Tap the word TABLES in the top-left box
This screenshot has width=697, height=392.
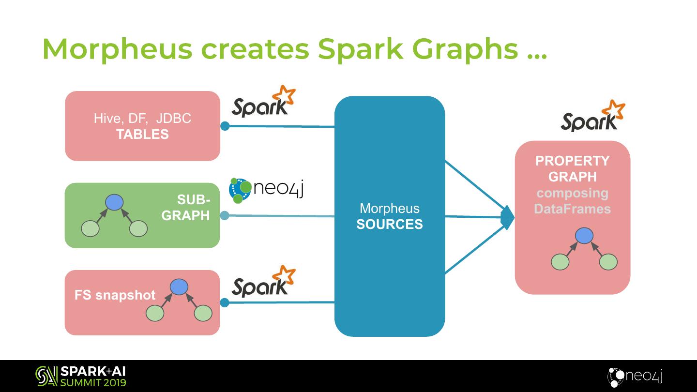(x=142, y=135)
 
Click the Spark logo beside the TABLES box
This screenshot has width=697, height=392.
(x=263, y=102)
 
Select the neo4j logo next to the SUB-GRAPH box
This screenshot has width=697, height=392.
(x=266, y=190)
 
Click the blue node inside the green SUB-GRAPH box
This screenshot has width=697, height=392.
(x=114, y=202)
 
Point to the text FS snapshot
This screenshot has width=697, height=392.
(x=115, y=295)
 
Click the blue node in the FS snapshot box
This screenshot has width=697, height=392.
(x=179, y=287)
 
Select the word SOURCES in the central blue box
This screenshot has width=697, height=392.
(x=389, y=225)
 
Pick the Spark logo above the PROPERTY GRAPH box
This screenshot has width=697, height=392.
(x=592, y=117)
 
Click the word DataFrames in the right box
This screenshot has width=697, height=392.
(x=572, y=209)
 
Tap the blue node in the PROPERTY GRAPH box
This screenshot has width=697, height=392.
(x=584, y=236)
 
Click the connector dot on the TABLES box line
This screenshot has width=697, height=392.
(x=225, y=126)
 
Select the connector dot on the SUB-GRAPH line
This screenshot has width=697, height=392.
(x=225, y=215)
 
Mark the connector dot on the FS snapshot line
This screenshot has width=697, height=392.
(x=225, y=302)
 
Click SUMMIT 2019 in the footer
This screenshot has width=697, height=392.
(x=93, y=383)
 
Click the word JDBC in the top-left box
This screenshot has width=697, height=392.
(x=174, y=119)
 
